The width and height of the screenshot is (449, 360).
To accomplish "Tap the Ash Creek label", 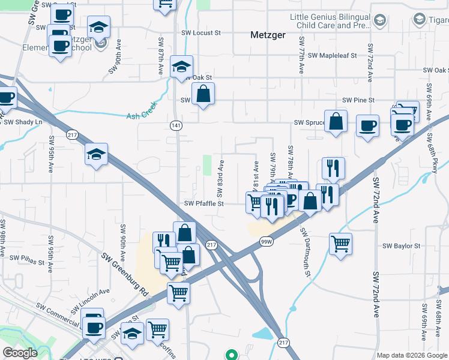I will click(x=142, y=116).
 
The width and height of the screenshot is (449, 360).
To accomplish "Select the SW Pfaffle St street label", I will click(x=204, y=204).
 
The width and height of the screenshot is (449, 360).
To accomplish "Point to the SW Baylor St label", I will click(x=402, y=246).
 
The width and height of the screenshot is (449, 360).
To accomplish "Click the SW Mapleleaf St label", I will click(x=332, y=55).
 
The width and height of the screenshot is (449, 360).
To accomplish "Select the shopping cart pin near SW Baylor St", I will click(x=340, y=244).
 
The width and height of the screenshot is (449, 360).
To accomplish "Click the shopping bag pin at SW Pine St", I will click(x=203, y=94).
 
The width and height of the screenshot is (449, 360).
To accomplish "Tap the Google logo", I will click(x=20, y=353).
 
